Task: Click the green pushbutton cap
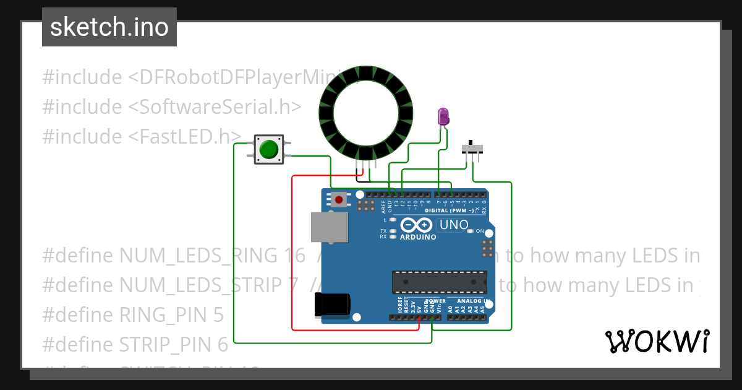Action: [268, 149]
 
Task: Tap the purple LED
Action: [443, 116]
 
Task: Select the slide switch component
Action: [473, 149]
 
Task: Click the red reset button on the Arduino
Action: [339, 199]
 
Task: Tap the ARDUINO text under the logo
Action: [418, 237]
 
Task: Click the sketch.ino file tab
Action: [109, 27]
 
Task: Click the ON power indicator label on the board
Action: [479, 231]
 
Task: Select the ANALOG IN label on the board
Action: [474, 301]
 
